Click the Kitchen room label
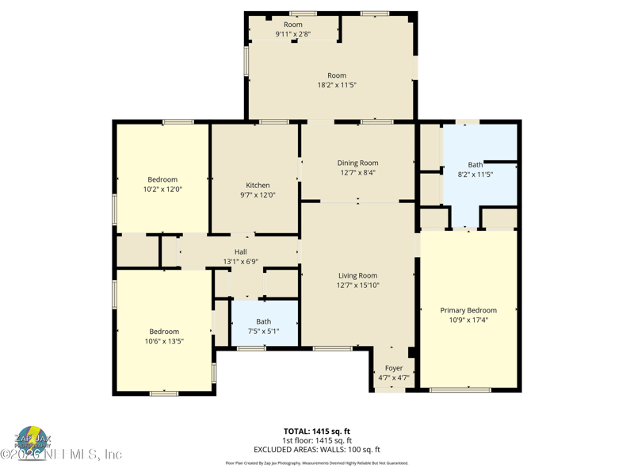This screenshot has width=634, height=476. pos(258,185)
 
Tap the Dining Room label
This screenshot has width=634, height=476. pos(357,163)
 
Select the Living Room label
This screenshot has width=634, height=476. pos(357,275)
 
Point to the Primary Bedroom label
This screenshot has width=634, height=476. pos(468,310)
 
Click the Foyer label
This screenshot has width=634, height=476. pos(394,368)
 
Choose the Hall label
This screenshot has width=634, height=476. pos(240,251)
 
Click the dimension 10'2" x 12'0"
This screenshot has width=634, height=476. pos(162,190)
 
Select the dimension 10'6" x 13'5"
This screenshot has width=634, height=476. pos(164,341)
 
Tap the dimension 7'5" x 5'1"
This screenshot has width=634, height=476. pos(263,332)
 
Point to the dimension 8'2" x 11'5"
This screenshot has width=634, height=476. pos(475,175)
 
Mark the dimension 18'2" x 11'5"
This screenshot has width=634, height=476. pos(337,85)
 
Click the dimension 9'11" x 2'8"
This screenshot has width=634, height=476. pos(292,34)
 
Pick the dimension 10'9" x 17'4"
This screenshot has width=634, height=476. pos(468,321)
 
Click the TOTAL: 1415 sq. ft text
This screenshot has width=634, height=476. pos(316,431)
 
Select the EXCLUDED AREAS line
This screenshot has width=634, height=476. pos(316,450)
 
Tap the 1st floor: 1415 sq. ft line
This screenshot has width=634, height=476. pos(316,440)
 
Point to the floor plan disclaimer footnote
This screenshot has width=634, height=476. pos(316,463)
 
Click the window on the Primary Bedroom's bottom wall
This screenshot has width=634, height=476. pos(460,390)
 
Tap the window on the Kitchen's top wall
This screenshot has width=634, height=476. pos(273,121)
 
